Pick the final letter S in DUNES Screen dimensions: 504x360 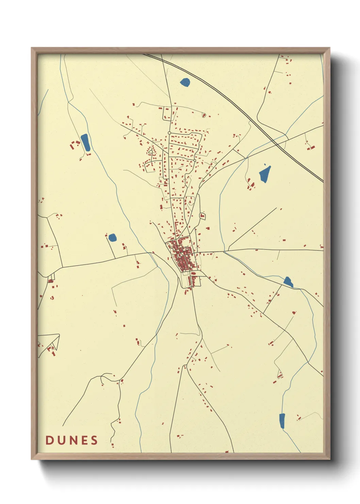pos(94,440)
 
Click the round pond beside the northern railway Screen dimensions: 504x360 pos(185,82)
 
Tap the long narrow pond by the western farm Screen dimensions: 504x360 pos(85,142)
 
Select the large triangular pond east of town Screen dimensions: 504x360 pos(265,174)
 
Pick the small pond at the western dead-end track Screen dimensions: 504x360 pos(112,237)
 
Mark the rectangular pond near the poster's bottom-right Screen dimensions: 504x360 pos(282,421)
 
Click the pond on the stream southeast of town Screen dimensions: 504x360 pos(288,282)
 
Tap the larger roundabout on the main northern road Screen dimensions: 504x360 pos(169,133)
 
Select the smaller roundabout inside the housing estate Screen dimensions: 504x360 pos(194,160)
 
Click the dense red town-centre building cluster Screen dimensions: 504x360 pos(182,255)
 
